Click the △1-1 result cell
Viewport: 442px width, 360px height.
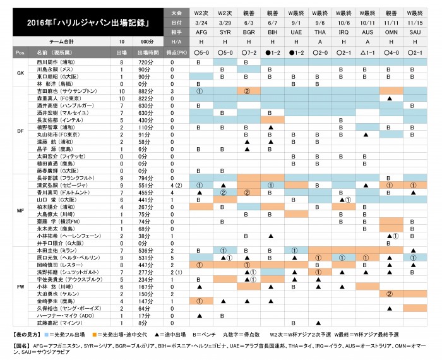point(368,53)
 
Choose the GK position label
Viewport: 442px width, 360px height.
point(20,73)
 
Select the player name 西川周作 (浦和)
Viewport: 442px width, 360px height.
point(56,63)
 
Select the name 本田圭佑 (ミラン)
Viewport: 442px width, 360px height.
point(56,251)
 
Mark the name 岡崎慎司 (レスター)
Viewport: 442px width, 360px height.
point(57,265)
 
